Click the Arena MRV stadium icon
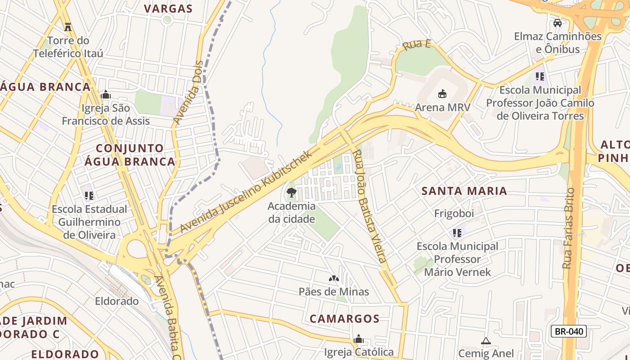(x=442, y=94)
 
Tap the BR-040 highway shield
(x=569, y=332)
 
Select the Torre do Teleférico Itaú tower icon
(x=68, y=27)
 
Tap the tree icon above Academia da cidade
(x=292, y=193)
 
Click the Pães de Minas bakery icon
(x=334, y=279)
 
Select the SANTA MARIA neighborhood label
(x=464, y=191)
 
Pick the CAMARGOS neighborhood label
(x=345, y=319)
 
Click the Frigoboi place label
(x=454, y=213)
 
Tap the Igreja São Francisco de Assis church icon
(x=106, y=94)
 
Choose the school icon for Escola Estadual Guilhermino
(x=89, y=196)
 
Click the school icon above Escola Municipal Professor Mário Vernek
(x=457, y=233)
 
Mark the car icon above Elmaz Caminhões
(x=558, y=23)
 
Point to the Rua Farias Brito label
(x=569, y=229)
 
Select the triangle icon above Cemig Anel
(x=486, y=341)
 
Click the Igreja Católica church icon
(x=359, y=339)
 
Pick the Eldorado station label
(x=117, y=301)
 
